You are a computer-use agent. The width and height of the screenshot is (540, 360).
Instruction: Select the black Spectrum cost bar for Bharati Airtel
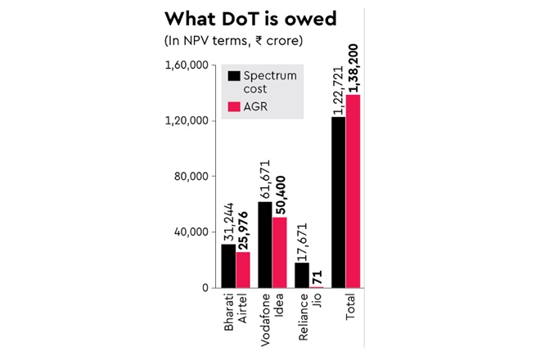(228, 266)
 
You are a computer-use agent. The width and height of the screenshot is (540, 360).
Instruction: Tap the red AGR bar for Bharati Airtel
(242, 270)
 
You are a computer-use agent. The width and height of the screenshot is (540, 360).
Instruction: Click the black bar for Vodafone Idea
(265, 245)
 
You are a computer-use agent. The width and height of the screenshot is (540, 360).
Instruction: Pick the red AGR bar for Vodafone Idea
(279, 252)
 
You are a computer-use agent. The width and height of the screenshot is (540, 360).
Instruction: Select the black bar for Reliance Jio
(302, 275)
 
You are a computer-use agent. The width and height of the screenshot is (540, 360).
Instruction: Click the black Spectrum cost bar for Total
(339, 202)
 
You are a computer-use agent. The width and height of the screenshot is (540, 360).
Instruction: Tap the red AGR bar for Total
(353, 191)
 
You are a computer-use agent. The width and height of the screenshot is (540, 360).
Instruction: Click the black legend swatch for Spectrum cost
(235, 76)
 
